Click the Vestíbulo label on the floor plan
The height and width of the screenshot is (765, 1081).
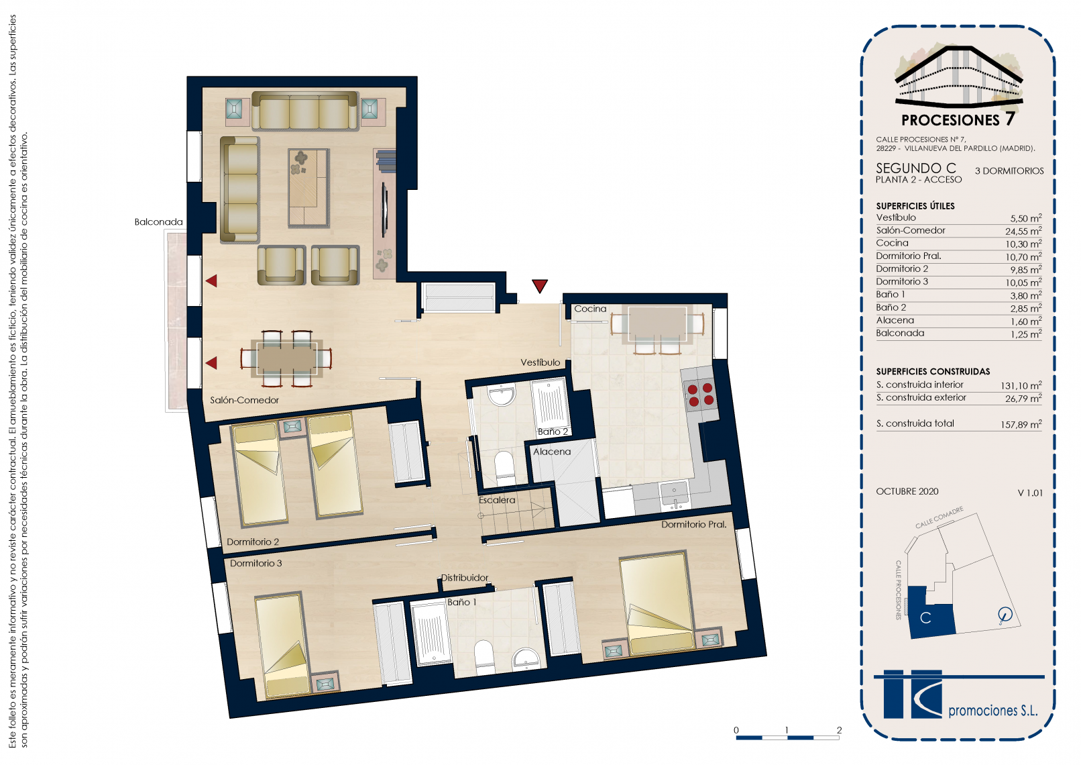[540, 362]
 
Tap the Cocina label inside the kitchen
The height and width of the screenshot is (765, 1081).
[590, 309]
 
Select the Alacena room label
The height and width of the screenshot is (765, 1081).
[552, 452]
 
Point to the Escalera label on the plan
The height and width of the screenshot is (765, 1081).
[497, 501]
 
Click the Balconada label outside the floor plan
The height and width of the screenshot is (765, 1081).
[159, 221]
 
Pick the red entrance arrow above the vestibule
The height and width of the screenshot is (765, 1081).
[540, 286]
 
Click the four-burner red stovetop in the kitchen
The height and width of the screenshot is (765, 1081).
[701, 394]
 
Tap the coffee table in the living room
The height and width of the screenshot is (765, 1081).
[309, 188]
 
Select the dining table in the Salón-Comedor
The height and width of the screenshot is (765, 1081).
[286, 359]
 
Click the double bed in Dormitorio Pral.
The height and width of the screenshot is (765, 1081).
[657, 604]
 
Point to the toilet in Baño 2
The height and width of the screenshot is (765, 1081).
[504, 467]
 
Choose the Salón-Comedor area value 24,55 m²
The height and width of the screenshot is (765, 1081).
[1023, 231]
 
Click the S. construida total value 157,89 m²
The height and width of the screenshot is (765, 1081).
[1021, 424]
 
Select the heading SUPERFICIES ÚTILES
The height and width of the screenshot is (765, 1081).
[915, 206]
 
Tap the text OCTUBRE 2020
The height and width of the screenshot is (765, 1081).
[907, 491]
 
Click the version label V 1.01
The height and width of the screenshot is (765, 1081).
[1030, 493]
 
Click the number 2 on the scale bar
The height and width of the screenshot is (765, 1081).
[839, 730]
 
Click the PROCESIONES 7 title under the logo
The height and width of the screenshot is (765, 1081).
[958, 119]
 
